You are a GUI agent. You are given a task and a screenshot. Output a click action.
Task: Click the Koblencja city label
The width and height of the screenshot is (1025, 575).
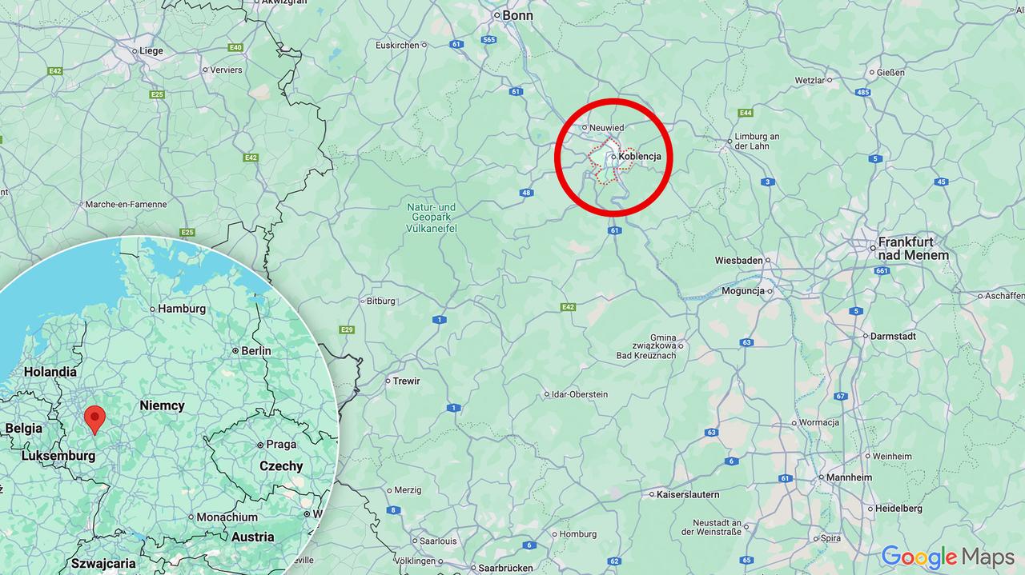[x=639, y=157]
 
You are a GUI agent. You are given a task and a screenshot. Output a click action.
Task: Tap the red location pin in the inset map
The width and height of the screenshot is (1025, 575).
[x=94, y=417]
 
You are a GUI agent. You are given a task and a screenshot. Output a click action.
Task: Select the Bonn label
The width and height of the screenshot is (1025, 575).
[x=517, y=15]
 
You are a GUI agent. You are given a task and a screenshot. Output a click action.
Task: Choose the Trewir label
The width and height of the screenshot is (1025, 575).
[x=406, y=381]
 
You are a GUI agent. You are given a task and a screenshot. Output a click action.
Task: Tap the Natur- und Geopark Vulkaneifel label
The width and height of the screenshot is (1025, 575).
[x=432, y=218]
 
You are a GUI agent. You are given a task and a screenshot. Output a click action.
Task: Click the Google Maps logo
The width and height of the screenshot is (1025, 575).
[x=947, y=557]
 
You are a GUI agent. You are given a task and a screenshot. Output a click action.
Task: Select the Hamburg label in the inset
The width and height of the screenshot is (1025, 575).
[x=182, y=309]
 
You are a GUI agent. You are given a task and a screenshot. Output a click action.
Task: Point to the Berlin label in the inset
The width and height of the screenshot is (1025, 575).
[x=256, y=350]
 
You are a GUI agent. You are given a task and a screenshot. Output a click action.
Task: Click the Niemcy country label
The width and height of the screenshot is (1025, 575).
[x=162, y=405]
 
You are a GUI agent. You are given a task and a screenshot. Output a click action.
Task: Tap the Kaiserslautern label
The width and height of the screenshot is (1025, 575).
[x=688, y=494]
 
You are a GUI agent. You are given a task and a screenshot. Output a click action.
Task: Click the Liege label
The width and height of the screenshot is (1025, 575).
[x=151, y=50]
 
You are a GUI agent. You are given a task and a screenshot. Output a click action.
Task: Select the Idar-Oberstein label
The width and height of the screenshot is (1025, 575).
[x=580, y=394]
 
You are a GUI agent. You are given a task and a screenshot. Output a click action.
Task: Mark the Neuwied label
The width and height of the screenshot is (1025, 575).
[x=606, y=128]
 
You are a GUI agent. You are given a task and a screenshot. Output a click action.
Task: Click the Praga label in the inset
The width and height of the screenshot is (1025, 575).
[x=281, y=445]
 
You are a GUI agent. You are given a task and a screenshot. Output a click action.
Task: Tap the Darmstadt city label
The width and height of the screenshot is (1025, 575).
[x=893, y=336]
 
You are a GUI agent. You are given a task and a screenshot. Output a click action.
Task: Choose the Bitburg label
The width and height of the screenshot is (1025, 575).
[x=380, y=301]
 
